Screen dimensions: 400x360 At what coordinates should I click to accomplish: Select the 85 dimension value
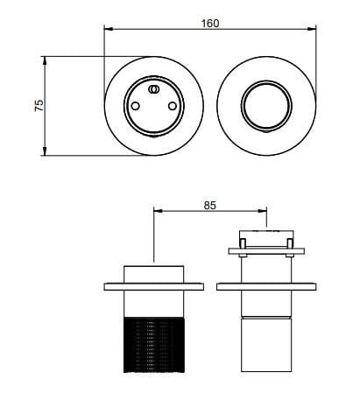coord(209,206)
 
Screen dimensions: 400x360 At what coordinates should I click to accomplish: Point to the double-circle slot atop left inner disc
coord(153,89)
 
